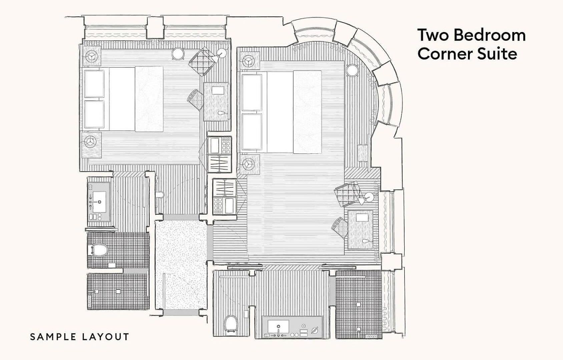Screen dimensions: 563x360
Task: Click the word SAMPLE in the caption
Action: point(54,337)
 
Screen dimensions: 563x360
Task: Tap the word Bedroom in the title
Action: point(490,35)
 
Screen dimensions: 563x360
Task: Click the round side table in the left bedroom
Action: point(178,53)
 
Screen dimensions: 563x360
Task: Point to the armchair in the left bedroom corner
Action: point(202,62)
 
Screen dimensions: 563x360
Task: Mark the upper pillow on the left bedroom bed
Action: point(94,84)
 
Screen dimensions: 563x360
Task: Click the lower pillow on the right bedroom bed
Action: point(252,132)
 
